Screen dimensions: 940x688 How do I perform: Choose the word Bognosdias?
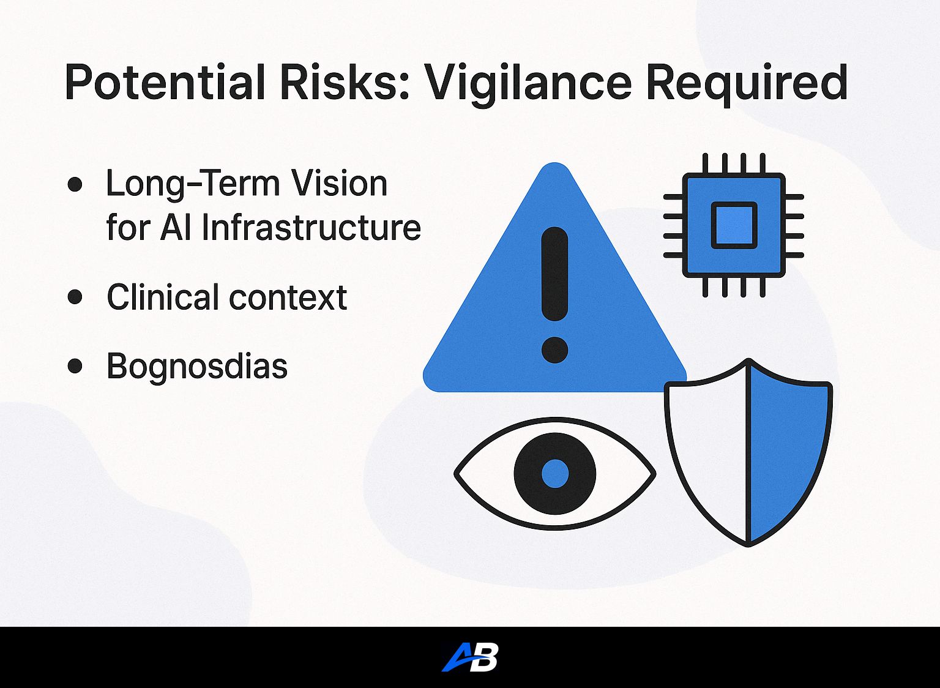(x=197, y=367)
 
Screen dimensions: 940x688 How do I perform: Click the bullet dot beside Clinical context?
(x=75, y=296)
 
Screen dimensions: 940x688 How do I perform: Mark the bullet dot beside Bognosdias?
(x=75, y=365)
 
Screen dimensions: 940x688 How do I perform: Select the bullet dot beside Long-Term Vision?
(x=75, y=184)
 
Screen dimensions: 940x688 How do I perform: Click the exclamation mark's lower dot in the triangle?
(x=555, y=350)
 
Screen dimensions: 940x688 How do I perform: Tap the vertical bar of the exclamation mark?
(x=555, y=274)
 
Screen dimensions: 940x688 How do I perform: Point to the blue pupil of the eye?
(x=555, y=474)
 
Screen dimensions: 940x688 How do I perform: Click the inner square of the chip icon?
(x=734, y=225)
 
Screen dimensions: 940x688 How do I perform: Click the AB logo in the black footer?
(x=469, y=657)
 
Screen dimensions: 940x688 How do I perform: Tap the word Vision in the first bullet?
(x=340, y=183)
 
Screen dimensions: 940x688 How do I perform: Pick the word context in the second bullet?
(x=288, y=297)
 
